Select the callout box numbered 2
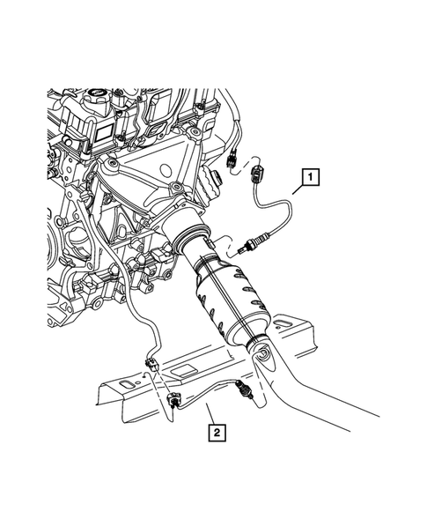click(x=215, y=432)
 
